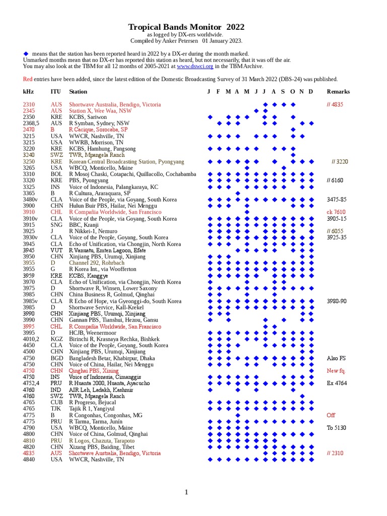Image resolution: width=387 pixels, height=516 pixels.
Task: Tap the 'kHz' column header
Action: [x=28, y=92]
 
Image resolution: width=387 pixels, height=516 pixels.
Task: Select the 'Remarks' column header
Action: [x=338, y=92]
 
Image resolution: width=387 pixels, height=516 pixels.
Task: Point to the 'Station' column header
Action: [x=78, y=92]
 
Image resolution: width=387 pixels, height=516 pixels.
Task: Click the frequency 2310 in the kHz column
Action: [x=29, y=104]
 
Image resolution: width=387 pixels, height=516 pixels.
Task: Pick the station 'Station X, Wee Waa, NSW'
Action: [x=100, y=111]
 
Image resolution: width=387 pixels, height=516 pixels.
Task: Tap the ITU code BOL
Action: [x=55, y=174]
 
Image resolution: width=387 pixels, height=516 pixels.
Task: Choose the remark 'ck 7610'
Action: [x=337, y=212]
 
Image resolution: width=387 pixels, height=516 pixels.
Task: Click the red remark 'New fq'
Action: [x=336, y=371]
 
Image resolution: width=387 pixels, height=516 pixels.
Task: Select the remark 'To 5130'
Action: [x=336, y=428]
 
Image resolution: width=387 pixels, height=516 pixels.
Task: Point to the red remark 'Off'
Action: [x=331, y=415]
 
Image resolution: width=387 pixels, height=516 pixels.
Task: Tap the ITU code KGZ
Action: [x=56, y=339]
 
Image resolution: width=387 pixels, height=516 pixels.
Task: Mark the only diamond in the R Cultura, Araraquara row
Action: [x=238, y=193]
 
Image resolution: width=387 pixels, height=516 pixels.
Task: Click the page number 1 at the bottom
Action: [x=186, y=492]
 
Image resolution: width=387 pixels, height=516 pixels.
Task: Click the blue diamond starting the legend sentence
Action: [x=26, y=53]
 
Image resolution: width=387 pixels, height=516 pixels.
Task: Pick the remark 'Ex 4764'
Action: [x=337, y=383]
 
